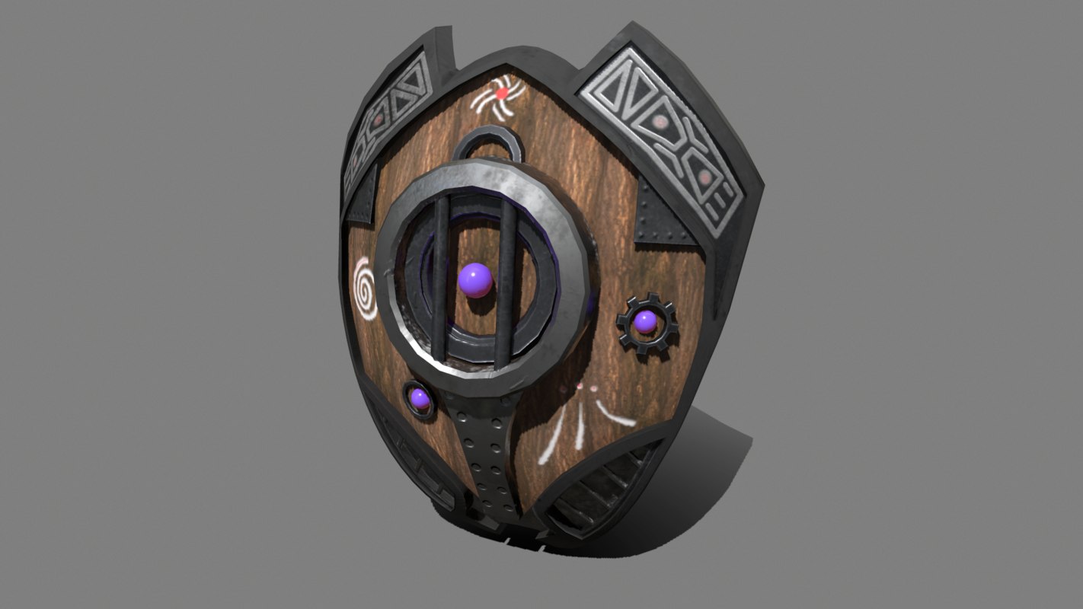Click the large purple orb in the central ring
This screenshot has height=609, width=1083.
click(x=476, y=279)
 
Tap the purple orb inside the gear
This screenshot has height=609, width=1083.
click(x=646, y=322)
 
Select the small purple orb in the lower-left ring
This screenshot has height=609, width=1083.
click(x=419, y=398)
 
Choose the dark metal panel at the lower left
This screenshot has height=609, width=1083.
click(x=415, y=464)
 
